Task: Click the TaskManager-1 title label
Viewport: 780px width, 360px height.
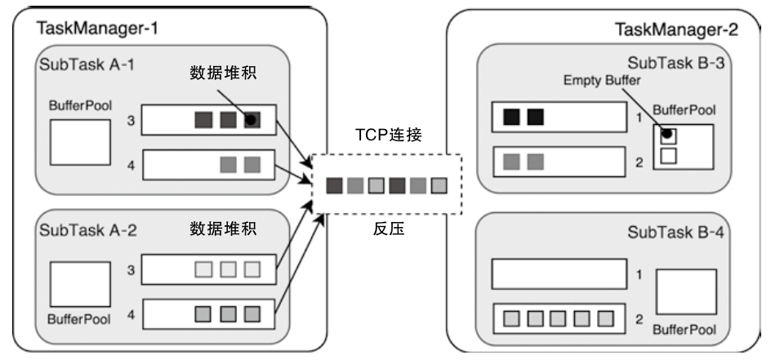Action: pyautogui.click(x=96, y=29)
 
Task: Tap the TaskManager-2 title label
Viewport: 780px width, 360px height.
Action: pyautogui.click(x=675, y=31)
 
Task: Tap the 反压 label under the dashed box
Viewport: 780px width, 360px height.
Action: pyautogui.click(x=389, y=229)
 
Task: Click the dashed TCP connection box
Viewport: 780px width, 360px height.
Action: pyautogui.click(x=386, y=184)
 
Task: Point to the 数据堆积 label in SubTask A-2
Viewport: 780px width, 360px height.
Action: pyautogui.click(x=223, y=229)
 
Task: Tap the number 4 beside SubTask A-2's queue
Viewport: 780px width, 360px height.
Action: pyautogui.click(x=131, y=313)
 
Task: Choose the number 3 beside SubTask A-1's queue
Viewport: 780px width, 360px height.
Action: pyautogui.click(x=131, y=120)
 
